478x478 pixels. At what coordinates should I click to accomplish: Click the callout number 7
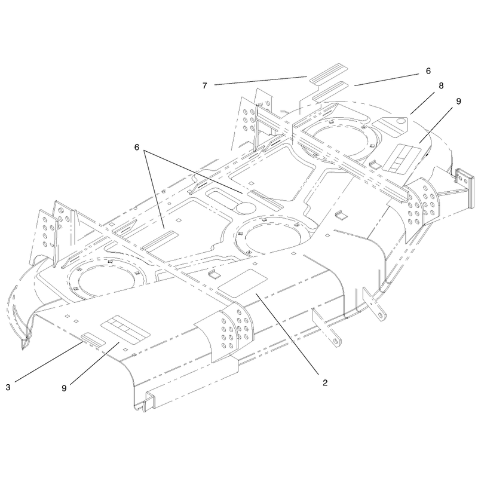pyautogui.click(x=204, y=85)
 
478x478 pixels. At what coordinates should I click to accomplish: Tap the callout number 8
pyautogui.click(x=441, y=85)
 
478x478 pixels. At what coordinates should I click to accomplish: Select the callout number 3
pyautogui.click(x=8, y=387)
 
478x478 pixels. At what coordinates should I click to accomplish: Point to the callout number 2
pyautogui.click(x=325, y=382)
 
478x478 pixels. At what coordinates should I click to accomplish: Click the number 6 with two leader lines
pyautogui.click(x=137, y=147)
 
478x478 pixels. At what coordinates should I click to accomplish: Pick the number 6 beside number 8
pyautogui.click(x=428, y=71)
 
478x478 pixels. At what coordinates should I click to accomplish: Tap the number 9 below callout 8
pyautogui.click(x=458, y=101)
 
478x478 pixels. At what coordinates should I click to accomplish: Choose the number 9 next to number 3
pyautogui.click(x=64, y=388)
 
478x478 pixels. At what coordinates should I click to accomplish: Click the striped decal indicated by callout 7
pyautogui.click(x=324, y=73)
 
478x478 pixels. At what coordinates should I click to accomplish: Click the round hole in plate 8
pyautogui.click(x=402, y=121)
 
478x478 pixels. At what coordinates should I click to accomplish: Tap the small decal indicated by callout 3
pyautogui.click(x=93, y=339)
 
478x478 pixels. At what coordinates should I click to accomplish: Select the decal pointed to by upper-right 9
pyautogui.click(x=401, y=157)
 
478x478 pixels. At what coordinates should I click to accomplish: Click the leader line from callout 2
pyautogui.click(x=287, y=333)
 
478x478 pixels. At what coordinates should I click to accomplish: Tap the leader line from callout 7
pyautogui.click(x=261, y=81)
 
